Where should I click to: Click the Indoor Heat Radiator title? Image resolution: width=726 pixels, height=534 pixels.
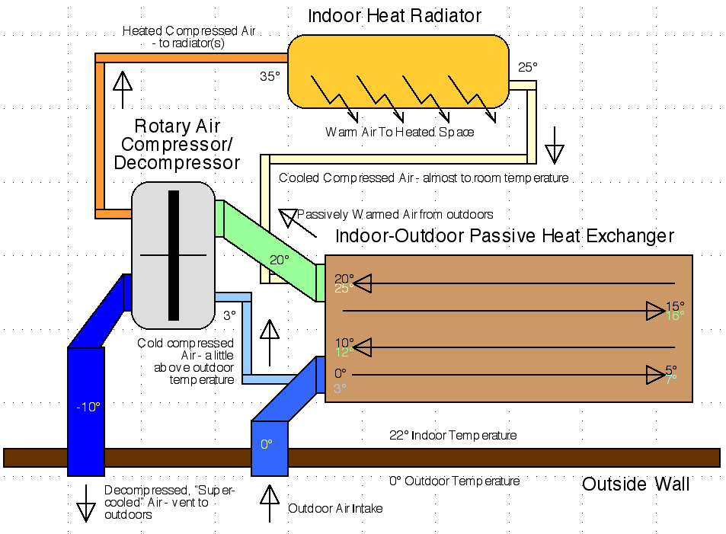(395, 16)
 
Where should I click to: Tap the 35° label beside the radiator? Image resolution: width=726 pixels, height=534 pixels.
(270, 76)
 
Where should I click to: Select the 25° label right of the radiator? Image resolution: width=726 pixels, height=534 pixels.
(528, 67)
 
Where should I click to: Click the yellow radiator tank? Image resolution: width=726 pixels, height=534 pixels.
(398, 70)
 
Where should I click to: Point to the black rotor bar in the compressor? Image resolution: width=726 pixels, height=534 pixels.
(174, 255)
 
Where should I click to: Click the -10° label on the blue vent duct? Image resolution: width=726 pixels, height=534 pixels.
(88, 407)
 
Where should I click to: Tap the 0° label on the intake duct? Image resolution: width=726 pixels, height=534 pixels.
(267, 443)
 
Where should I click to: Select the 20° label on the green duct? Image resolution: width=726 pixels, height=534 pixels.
(280, 260)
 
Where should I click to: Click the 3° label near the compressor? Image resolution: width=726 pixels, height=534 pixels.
(230, 314)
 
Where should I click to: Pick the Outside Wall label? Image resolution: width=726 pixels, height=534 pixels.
(635, 484)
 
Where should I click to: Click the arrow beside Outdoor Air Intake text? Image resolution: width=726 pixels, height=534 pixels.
(270, 504)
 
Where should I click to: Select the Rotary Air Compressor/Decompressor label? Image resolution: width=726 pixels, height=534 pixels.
(177, 144)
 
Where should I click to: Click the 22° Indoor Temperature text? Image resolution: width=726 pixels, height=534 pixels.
(453, 436)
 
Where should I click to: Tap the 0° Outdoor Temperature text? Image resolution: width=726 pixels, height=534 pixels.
(455, 481)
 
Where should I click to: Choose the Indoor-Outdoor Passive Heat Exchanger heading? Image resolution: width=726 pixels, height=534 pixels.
(504, 236)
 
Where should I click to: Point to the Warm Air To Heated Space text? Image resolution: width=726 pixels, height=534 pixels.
(400, 132)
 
